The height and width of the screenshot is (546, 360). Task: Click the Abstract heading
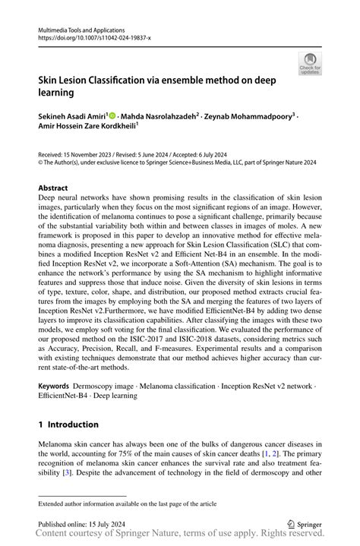53,188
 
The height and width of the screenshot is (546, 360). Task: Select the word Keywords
55,387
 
